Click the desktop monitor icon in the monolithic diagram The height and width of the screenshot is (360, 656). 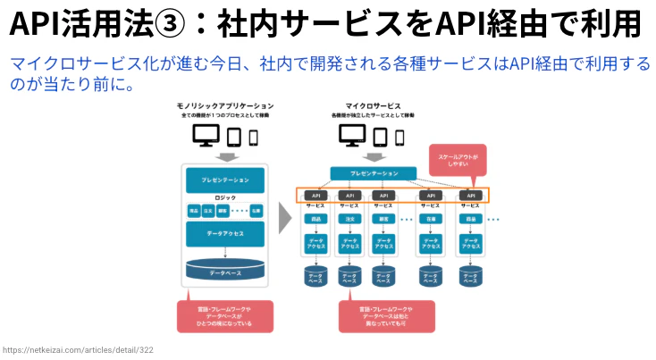(x=207, y=136)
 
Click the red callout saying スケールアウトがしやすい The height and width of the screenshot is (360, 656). (x=458, y=159)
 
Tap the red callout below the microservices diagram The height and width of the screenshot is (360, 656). (x=387, y=315)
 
